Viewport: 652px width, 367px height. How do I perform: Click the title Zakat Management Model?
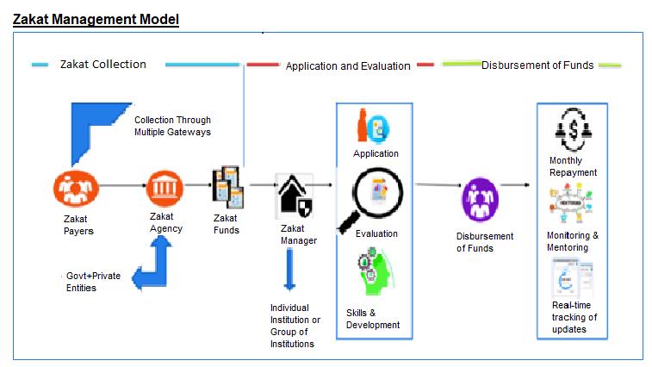coord(96,19)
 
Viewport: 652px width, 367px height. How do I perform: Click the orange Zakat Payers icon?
coord(76,189)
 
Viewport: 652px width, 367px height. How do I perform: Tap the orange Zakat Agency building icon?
coord(165,186)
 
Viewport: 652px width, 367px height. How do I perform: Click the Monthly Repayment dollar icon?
coord(573,130)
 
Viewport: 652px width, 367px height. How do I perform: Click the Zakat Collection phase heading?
coord(103,64)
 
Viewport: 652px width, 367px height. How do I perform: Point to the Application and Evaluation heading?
coord(348,65)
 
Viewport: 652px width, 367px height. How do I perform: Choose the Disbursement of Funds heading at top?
coord(537,65)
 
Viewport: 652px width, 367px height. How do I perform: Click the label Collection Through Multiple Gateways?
coord(172,126)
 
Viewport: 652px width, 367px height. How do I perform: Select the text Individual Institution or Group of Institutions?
coord(295,326)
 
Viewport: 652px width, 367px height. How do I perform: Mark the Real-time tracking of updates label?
coord(574,317)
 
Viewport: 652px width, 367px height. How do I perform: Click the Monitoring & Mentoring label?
coord(573,241)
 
